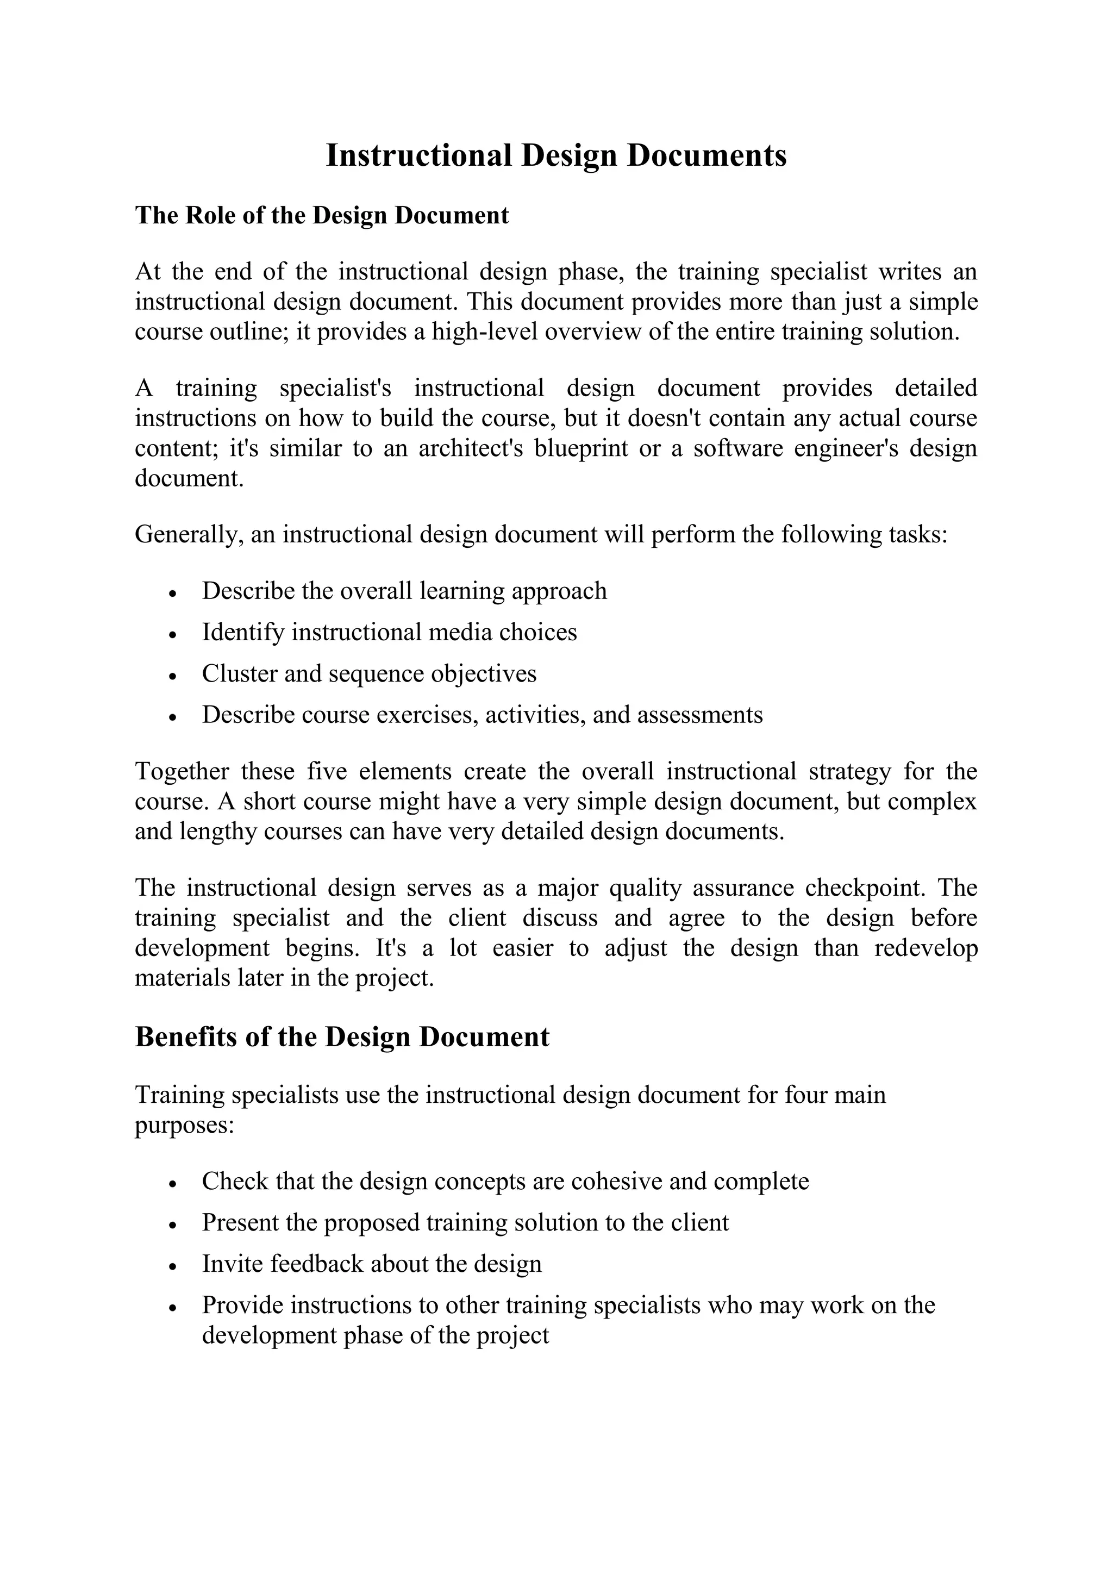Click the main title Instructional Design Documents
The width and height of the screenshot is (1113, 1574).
[556, 155]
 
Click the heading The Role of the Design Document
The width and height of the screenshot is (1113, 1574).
[321, 215]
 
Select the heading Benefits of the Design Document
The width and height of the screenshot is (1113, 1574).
[342, 1036]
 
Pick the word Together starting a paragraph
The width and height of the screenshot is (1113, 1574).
[182, 771]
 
